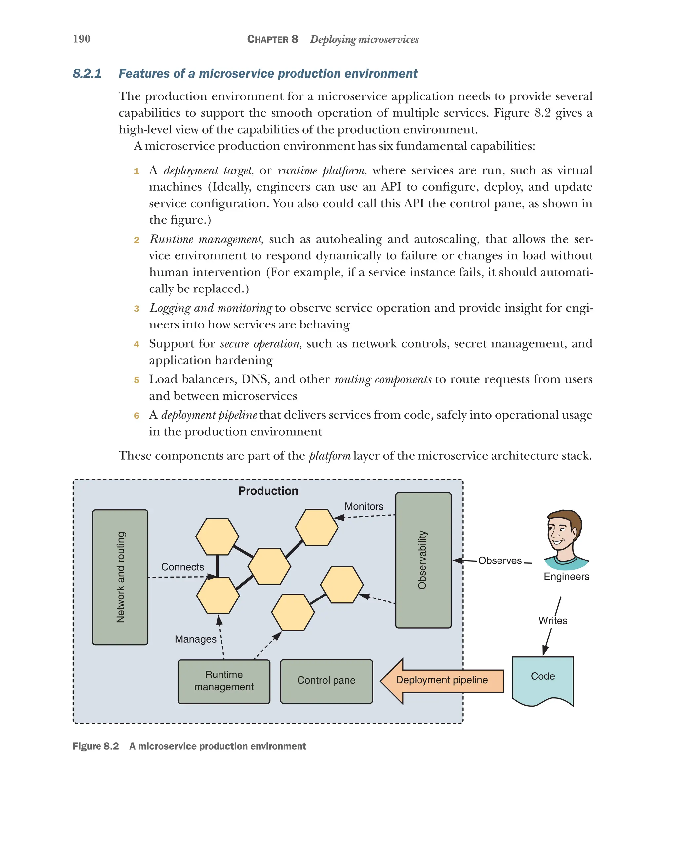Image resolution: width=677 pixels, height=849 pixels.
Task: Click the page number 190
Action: [82, 39]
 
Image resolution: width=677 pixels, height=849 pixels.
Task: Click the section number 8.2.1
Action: [87, 74]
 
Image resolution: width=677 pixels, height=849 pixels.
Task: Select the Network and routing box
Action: [120, 577]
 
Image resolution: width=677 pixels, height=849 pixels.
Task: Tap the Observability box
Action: [423, 560]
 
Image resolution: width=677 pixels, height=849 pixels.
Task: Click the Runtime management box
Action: [224, 681]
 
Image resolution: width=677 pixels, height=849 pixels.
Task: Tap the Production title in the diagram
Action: [268, 491]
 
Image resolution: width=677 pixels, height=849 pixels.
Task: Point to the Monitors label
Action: [364, 506]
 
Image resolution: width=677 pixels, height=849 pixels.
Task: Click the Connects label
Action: [182, 567]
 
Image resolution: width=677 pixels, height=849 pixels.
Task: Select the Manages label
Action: [195, 639]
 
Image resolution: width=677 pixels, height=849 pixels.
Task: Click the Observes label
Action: [499, 560]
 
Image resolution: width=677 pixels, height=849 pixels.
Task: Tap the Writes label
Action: [553, 621]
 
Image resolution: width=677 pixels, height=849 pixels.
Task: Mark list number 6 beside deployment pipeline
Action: [136, 416]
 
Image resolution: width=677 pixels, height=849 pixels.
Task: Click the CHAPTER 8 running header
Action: [272, 39]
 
